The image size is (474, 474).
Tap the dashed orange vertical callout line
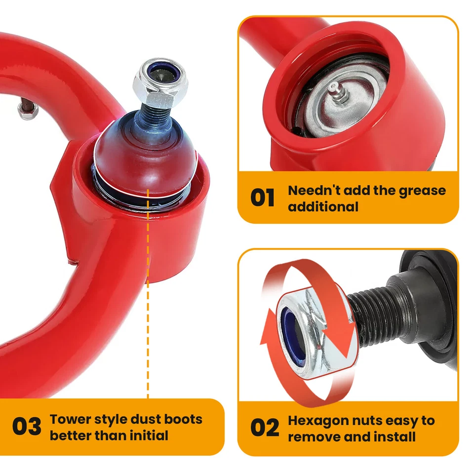(148, 321)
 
